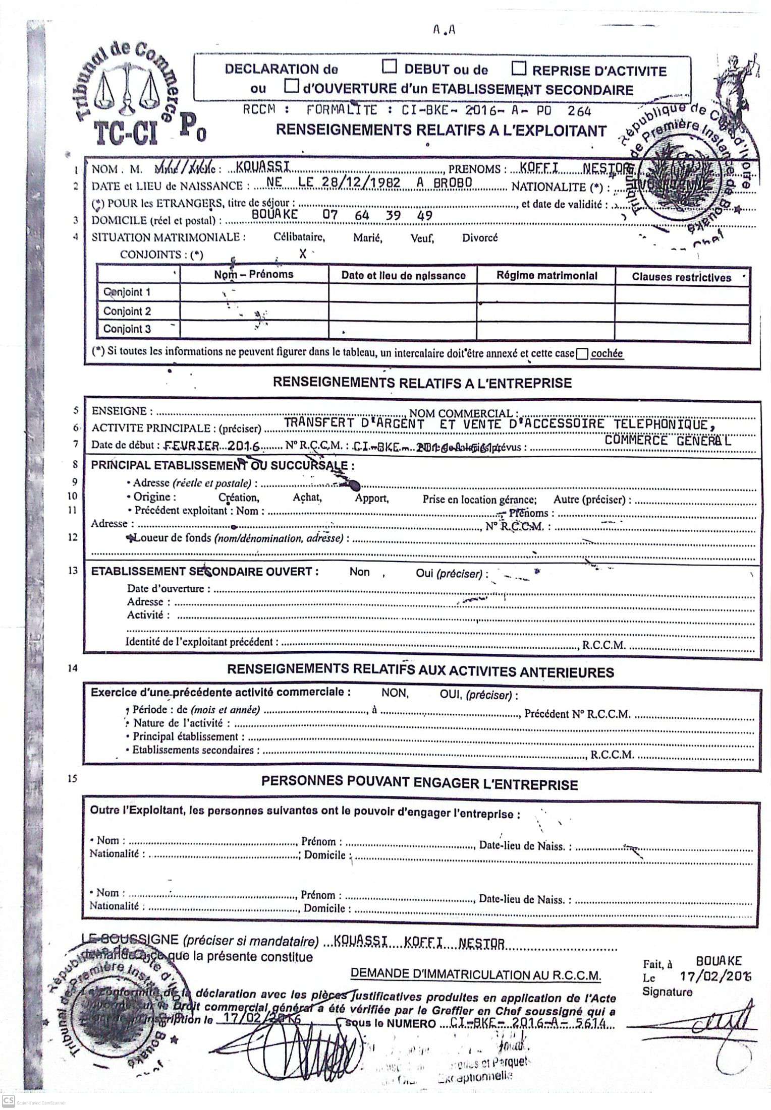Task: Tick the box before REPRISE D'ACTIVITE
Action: coord(519,68)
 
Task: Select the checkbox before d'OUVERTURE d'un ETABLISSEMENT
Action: coord(291,87)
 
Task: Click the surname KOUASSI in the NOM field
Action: coord(267,167)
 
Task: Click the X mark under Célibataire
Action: coord(302,254)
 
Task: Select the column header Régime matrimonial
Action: coord(546,275)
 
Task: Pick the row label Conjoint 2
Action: coord(127,311)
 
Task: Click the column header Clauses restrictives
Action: coord(681,277)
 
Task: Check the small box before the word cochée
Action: coord(582,354)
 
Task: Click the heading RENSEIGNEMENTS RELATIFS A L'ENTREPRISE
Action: coord(422,383)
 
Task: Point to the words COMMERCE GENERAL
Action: coord(668,441)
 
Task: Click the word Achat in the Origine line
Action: coord(307,498)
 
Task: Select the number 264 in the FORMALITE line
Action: coord(579,110)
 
